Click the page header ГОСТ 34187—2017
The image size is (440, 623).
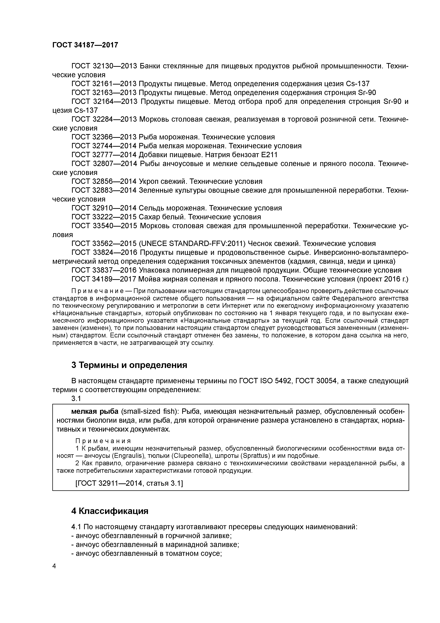tap(85, 45)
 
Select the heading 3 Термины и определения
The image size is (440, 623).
tap(129, 365)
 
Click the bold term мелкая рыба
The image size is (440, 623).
tap(95, 412)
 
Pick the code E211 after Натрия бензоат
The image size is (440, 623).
tap(268, 155)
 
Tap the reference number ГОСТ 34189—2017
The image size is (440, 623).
tap(104, 279)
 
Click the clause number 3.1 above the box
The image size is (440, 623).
tap(76, 398)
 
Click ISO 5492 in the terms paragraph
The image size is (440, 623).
tap(276, 381)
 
